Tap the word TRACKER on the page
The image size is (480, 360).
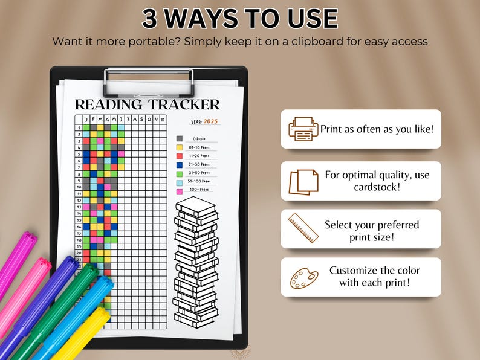pyautogui.click(x=184, y=104)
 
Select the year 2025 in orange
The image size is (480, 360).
pyautogui.click(x=210, y=121)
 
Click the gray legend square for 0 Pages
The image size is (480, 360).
pyautogui.click(x=180, y=138)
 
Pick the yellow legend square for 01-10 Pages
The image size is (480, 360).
pyautogui.click(x=180, y=147)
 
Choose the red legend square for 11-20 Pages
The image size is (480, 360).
pyautogui.click(x=180, y=155)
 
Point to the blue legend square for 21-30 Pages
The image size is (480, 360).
pyautogui.click(x=180, y=164)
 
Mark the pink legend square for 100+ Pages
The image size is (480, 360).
pyautogui.click(x=180, y=191)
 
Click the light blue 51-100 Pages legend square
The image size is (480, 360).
pyautogui.click(x=180, y=182)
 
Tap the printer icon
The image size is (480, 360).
pyautogui.click(x=303, y=129)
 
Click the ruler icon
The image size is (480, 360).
pyautogui.click(x=303, y=228)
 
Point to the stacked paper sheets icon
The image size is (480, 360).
pyautogui.click(x=303, y=181)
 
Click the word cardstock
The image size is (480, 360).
pyautogui.click(x=377, y=187)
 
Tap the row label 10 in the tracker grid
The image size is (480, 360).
pyautogui.click(x=79, y=187)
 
